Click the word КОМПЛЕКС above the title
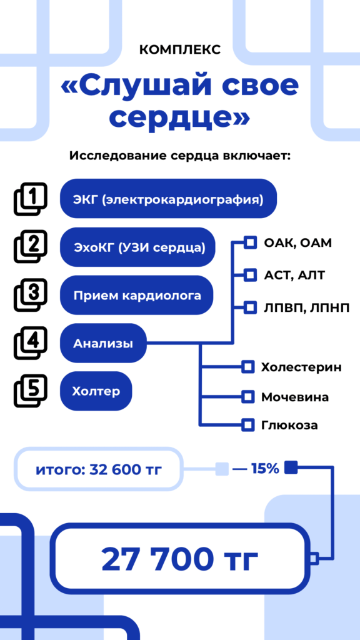pyautogui.click(x=179, y=50)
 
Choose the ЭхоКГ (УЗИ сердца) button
pyautogui.click(x=137, y=247)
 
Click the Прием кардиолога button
pyautogui.click(x=137, y=295)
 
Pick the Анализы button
pyautogui.click(x=103, y=343)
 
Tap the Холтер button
pyautogui.click(x=96, y=391)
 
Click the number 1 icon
pyautogui.click(x=31, y=199)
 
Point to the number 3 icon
pyautogui.click(x=31, y=295)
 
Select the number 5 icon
pyautogui.click(x=31, y=391)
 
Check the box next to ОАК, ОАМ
pyautogui.click(x=250, y=243)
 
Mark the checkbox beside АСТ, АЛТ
pyautogui.click(x=250, y=275)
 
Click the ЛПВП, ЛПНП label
pyautogui.click(x=306, y=307)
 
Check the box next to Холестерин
pyautogui.click(x=247, y=367)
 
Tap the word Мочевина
pyautogui.click(x=295, y=397)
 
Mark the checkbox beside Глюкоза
pyautogui.click(x=247, y=425)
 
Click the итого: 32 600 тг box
pyautogui.click(x=99, y=469)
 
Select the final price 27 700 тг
pyautogui.click(x=179, y=559)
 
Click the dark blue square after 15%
pyautogui.click(x=291, y=468)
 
